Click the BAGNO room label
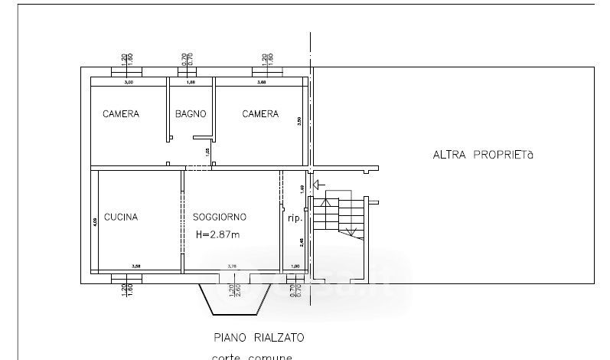point(191,114)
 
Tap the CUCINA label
point(121,217)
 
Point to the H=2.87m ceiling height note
point(218,234)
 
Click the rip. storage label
point(295,218)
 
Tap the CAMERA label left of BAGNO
point(121,114)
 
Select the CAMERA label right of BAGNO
point(260,114)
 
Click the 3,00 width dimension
point(129,82)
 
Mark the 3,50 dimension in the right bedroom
point(299,120)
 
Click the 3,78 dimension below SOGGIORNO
point(232,267)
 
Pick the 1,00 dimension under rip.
point(296,267)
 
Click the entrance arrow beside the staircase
point(319,185)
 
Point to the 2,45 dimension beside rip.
point(302,244)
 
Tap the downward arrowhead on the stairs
point(350,231)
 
